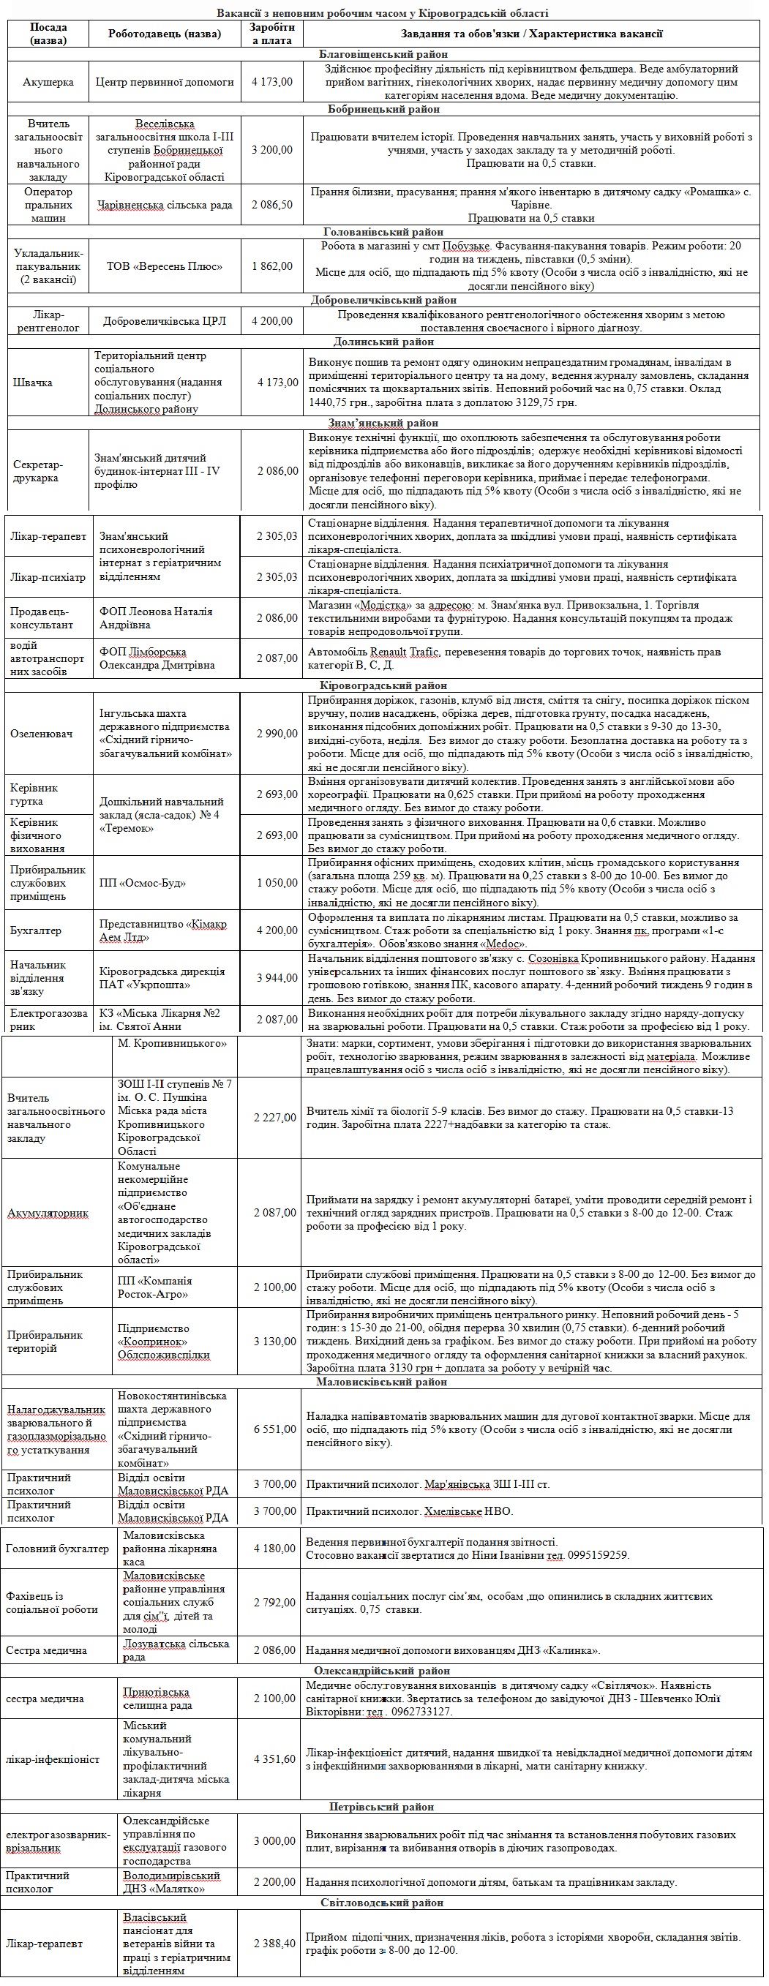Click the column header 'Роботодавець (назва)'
[165, 33]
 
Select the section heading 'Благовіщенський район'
[383, 55]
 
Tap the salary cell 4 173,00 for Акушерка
[272, 82]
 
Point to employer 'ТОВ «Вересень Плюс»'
[165, 266]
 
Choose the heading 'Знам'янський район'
[383, 423]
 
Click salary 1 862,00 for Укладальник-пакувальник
[272, 266]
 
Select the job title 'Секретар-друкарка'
[38, 471]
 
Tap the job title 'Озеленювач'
[42, 733]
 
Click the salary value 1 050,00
[277, 883]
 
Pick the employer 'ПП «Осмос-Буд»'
[143, 883]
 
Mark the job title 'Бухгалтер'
[35, 930]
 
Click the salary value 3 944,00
[277, 977]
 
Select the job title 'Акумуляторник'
[48, 1213]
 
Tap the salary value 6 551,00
[274, 1429]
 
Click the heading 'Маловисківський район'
[382, 1382]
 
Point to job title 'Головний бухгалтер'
[57, 1548]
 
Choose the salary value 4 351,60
[274, 1759]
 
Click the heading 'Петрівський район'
[382, 1806]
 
